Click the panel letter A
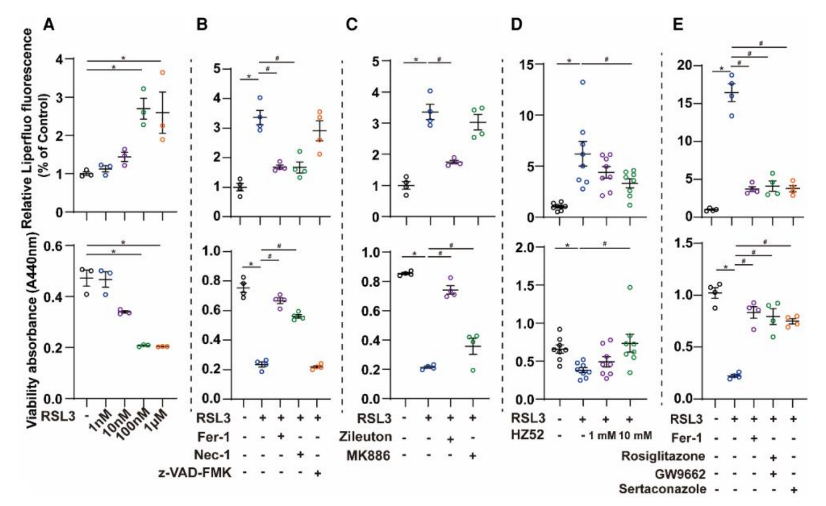coord(49,25)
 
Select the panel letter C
coord(352,25)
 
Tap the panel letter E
coord(678,25)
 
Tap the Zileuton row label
coord(365,437)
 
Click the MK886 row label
coord(368,456)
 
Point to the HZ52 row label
coord(527,435)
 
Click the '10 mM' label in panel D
coord(635,436)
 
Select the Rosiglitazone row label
coord(663,456)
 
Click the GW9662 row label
coord(680,474)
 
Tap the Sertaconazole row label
coord(662,489)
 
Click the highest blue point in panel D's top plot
coord(583,82)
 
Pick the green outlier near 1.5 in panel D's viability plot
coord(630,287)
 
